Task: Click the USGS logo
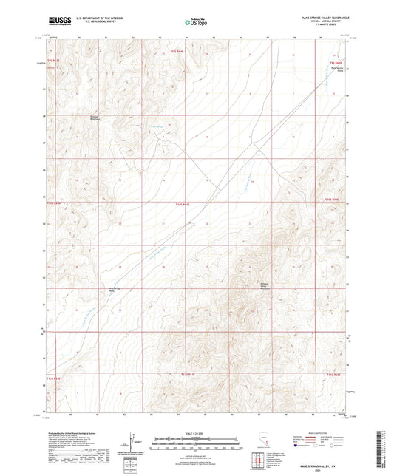click(57, 21)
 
